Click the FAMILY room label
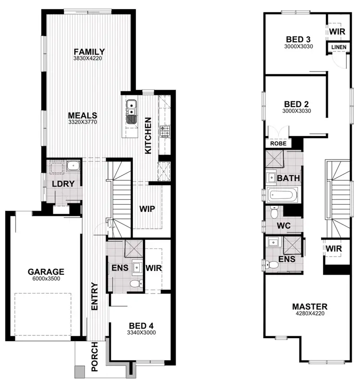tap(89, 52)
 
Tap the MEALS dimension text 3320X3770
tap(83, 123)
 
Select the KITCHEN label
tap(148, 136)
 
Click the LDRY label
tap(62, 183)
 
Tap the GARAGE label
tap(46, 271)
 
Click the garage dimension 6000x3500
tap(46, 278)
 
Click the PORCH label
tap(95, 357)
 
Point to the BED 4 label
tap(141, 325)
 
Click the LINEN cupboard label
tap(338, 47)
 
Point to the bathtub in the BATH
tap(283, 195)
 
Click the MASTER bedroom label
tap(310, 307)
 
